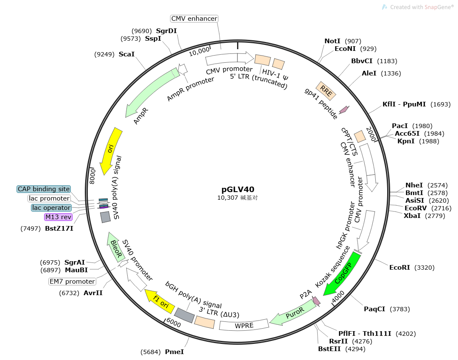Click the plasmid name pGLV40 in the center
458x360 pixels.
238,189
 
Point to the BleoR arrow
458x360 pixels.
115,247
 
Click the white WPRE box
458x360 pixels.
244,325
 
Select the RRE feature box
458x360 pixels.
326,90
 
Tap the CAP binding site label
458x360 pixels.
44,189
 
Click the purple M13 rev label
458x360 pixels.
59,217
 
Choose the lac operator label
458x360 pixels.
51,208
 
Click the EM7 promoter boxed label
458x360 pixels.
72,282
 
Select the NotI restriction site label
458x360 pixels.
332,41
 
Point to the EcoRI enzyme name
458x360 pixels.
400,268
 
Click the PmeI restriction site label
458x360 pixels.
174,352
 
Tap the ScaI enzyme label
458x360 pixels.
126,54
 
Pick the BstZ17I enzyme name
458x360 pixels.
59,229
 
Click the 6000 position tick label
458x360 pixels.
173,324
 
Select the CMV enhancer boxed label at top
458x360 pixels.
194,19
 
